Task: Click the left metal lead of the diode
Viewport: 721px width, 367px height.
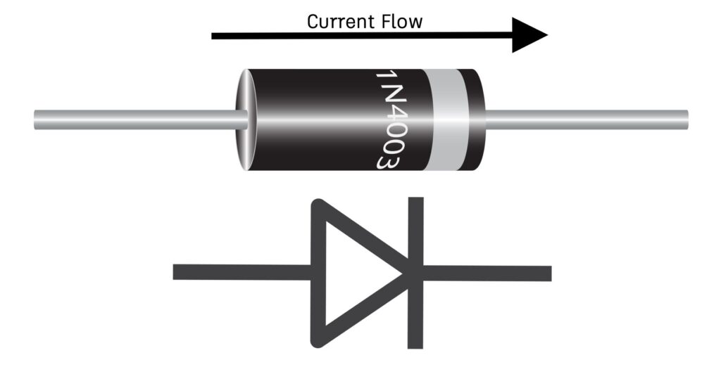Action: (x=134, y=120)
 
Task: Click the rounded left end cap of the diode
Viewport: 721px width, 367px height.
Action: (x=242, y=120)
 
